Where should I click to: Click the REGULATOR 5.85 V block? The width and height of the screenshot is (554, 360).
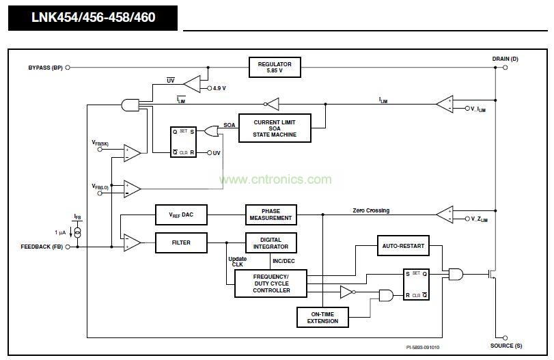click(275, 67)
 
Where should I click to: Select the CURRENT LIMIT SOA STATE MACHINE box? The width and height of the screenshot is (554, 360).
click(275, 128)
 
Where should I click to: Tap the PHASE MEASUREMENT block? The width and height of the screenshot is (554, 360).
click(271, 214)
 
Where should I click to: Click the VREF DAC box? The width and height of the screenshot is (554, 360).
click(181, 214)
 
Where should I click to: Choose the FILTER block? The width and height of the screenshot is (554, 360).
click(181, 243)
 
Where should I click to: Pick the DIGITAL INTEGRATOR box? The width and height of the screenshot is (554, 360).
click(271, 243)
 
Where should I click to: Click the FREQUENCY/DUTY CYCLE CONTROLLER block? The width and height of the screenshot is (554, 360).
click(271, 283)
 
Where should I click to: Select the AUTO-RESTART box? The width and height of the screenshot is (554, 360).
click(403, 246)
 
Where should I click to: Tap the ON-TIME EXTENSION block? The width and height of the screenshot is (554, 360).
click(322, 317)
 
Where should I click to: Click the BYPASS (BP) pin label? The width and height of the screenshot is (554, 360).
click(45, 67)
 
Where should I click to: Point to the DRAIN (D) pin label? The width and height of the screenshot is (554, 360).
click(505, 59)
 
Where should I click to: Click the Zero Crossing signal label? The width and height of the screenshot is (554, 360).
click(371, 210)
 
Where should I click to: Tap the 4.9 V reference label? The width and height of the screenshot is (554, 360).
click(219, 88)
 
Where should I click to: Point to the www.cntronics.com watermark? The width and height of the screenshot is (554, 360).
click(275, 180)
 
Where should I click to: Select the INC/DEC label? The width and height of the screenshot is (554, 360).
click(283, 260)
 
